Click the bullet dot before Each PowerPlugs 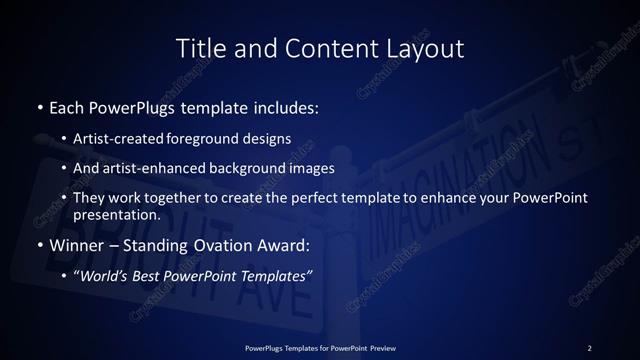(x=39, y=105)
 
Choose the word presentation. (x=117, y=215)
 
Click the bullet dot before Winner (x=39, y=245)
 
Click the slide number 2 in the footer (x=590, y=348)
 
